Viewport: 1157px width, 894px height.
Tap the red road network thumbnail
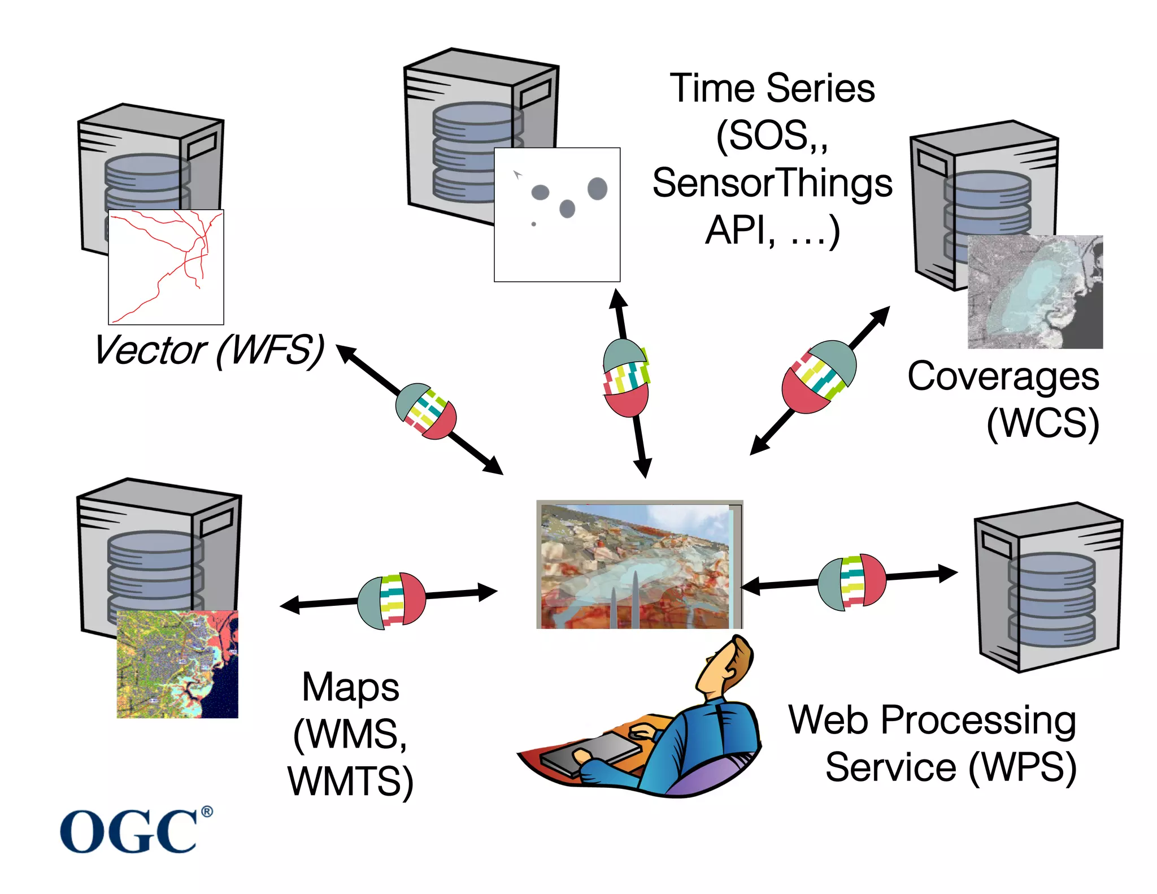click(x=166, y=267)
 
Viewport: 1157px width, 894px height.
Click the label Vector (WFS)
click(x=209, y=350)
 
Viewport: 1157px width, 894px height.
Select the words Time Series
click(x=772, y=89)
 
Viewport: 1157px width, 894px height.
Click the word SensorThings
click(x=772, y=184)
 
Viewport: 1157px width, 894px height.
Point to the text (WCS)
click(x=1042, y=423)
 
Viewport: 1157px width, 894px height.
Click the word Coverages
click(x=1003, y=376)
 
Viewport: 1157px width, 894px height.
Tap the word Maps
click(x=350, y=687)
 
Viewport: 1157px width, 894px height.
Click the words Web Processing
click(x=932, y=720)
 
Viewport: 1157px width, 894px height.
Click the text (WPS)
click(x=1023, y=767)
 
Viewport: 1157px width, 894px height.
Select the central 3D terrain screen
click(x=638, y=565)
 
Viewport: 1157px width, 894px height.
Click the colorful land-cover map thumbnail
click(x=177, y=664)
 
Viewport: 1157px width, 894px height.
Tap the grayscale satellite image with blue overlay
click(x=1035, y=292)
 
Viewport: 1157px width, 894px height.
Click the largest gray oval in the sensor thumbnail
click(x=597, y=188)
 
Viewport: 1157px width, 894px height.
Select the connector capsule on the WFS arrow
click(x=426, y=411)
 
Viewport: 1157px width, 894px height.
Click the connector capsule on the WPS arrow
click(x=852, y=582)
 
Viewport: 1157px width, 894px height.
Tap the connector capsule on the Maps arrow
click(x=391, y=601)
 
